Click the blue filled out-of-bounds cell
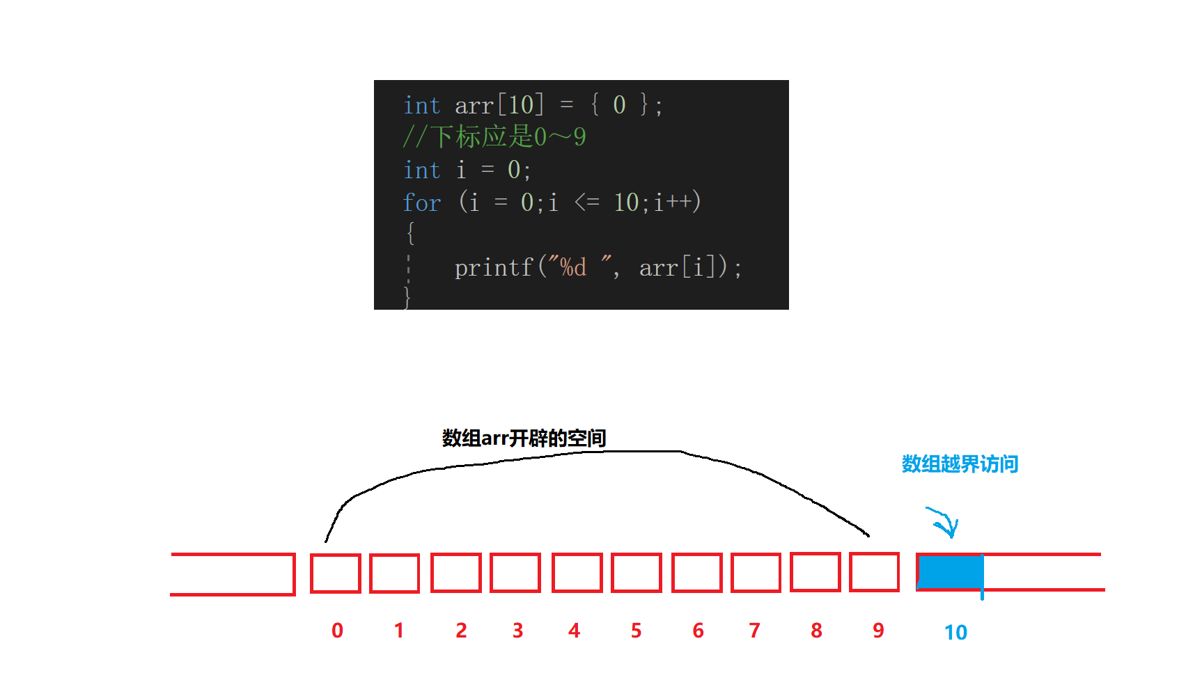[950, 572]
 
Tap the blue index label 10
[955, 632]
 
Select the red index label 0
[337, 631]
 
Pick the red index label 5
[636, 631]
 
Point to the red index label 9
[878, 631]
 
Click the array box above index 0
[335, 573]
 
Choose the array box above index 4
[577, 573]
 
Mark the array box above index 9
[875, 572]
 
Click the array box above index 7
[756, 573]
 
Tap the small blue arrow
[944, 522]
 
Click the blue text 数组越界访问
[960, 464]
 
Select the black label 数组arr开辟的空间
[524, 438]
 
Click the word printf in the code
[494, 267]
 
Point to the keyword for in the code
[421, 203]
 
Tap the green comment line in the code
[494, 137]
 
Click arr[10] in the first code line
[499, 105]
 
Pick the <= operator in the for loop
[586, 203]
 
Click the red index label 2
[461, 631]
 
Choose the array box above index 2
[455, 573]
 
